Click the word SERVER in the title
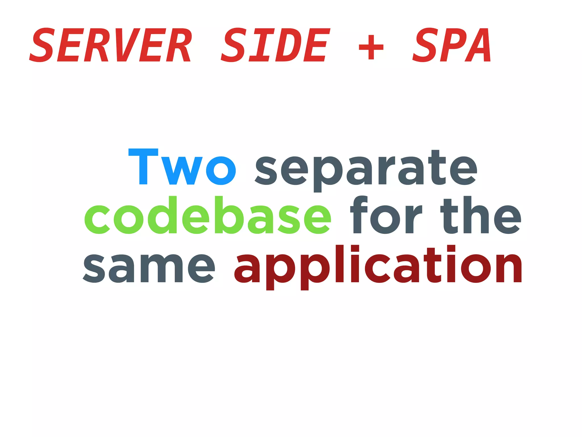click(x=111, y=45)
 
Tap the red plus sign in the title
click(x=371, y=47)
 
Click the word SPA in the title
click(x=452, y=45)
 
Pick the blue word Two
click(x=182, y=167)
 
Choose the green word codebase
click(x=208, y=215)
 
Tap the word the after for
click(x=481, y=215)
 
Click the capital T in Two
click(x=143, y=167)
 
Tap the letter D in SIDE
click(x=287, y=45)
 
